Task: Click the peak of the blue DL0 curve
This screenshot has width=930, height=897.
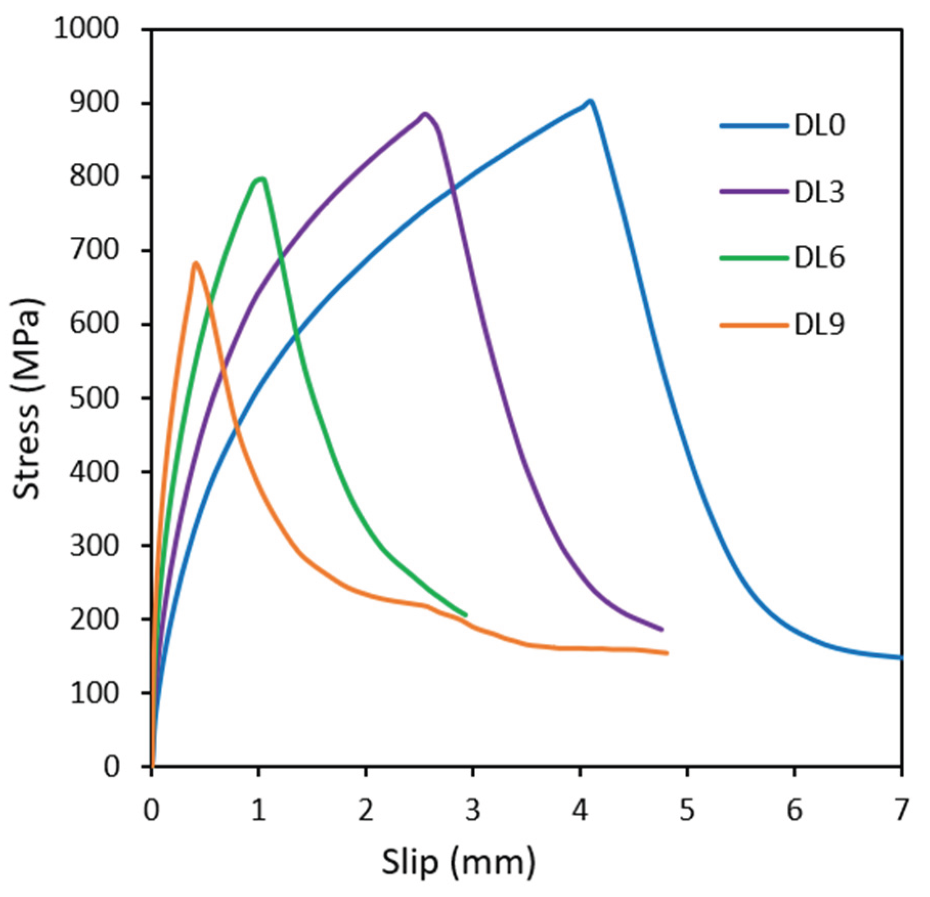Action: [590, 101]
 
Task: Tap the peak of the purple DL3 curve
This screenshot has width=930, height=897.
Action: [425, 114]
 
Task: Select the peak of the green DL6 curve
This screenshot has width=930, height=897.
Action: [261, 178]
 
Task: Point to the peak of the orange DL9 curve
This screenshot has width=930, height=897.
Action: [195, 263]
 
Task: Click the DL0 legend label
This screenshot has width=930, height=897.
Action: [819, 125]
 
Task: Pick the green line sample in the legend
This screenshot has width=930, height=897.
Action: [754, 258]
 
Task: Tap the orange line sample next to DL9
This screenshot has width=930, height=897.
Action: [754, 324]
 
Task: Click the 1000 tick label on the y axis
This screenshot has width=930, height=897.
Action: [86, 29]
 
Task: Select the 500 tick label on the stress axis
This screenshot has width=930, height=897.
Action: [94, 398]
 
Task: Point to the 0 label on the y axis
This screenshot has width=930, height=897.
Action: [112, 767]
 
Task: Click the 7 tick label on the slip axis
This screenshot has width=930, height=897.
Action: [901, 811]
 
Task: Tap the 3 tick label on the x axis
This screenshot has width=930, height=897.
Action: [473, 811]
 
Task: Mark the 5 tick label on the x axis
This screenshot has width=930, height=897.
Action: [687, 811]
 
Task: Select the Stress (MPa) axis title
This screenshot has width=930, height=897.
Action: [27, 398]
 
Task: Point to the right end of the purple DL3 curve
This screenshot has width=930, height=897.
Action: [661, 630]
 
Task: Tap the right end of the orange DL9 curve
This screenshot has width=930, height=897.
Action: [667, 653]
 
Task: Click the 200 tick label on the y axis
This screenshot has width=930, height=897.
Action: [94, 619]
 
